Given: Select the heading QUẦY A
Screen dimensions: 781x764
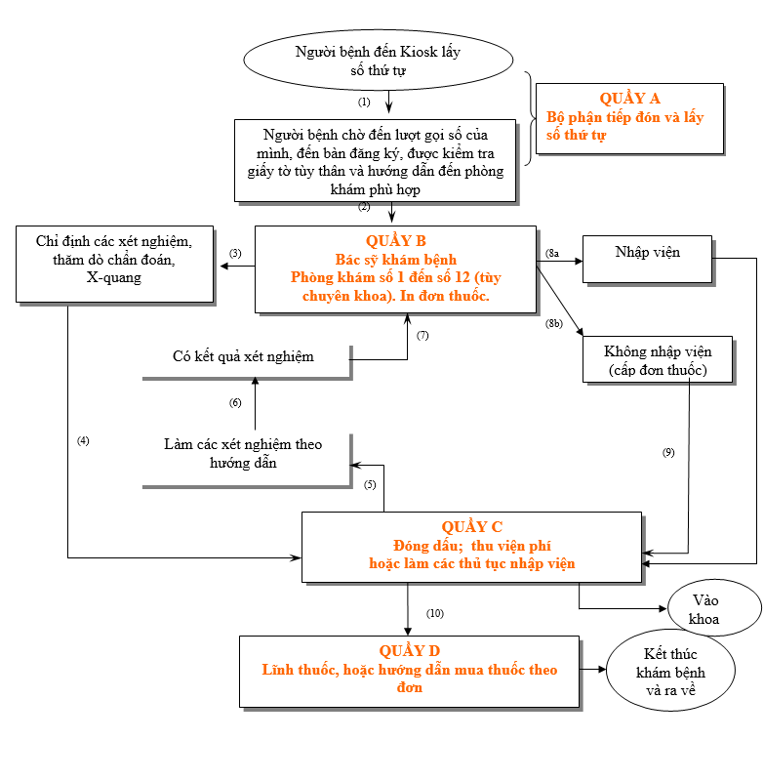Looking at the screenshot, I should tap(629, 98).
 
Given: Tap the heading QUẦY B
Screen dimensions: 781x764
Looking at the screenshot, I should tap(395, 240).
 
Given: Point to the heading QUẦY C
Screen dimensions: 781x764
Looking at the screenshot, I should tap(471, 526).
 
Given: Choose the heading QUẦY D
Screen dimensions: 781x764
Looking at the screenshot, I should tap(409, 650).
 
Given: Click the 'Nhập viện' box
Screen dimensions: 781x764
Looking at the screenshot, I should tap(647, 253).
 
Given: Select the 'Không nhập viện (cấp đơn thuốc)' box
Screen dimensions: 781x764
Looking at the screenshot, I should tap(658, 359).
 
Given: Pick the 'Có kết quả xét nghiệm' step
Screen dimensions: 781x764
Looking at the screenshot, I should tap(244, 356).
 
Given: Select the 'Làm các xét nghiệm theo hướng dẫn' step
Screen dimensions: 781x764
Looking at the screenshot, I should tap(244, 454).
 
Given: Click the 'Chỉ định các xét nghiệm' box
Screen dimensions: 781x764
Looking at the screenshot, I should tap(113, 258).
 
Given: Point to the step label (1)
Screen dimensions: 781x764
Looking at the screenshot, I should tap(364, 101).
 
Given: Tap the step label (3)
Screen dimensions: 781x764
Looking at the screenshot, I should tap(235, 253).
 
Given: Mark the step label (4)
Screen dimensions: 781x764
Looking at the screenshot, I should tap(83, 440).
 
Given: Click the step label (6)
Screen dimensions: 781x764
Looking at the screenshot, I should tap(235, 403).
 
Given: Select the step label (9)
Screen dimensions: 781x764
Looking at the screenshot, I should tap(667, 452).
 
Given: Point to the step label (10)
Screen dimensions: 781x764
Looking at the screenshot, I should tap(435, 613).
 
